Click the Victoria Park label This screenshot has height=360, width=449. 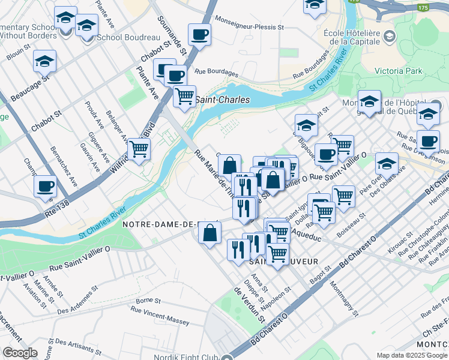(x=398, y=71)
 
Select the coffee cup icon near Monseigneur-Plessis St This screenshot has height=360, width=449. (x=199, y=34)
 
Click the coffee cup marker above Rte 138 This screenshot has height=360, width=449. (x=46, y=185)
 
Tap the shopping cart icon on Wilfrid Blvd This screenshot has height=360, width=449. (x=139, y=148)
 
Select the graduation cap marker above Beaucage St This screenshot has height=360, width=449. (x=44, y=61)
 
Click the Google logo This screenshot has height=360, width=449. (x=20, y=353)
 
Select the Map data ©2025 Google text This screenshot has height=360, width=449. (x=412, y=355)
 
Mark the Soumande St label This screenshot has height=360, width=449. (x=172, y=35)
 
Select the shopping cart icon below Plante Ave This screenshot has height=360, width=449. (x=185, y=95)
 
